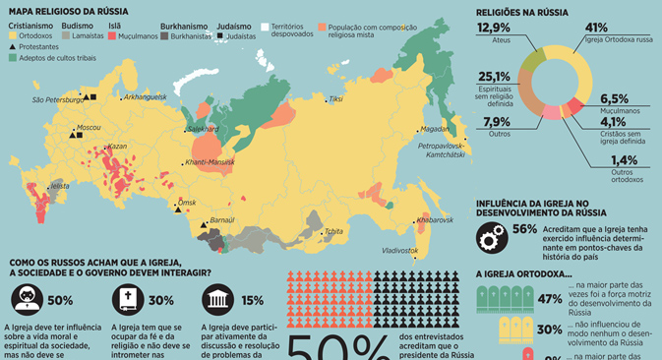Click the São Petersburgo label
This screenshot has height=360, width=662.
(x=56, y=99)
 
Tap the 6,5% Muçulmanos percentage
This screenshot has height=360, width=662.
(x=613, y=98)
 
